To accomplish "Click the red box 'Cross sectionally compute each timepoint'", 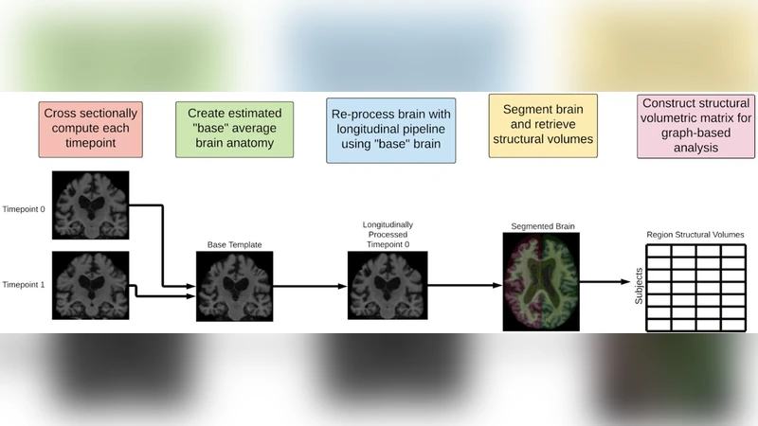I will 91,129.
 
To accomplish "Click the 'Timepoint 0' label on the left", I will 24,208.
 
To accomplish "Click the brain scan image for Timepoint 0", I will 91,206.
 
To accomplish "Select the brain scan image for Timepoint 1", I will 91,283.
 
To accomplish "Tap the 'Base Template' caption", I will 234,245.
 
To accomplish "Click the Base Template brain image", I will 234,285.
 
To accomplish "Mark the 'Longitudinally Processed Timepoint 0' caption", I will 388,234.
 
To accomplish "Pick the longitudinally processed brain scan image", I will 388,285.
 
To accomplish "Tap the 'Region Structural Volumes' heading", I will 695,235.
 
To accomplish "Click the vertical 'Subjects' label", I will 638,288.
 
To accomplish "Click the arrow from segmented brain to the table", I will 602,281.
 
